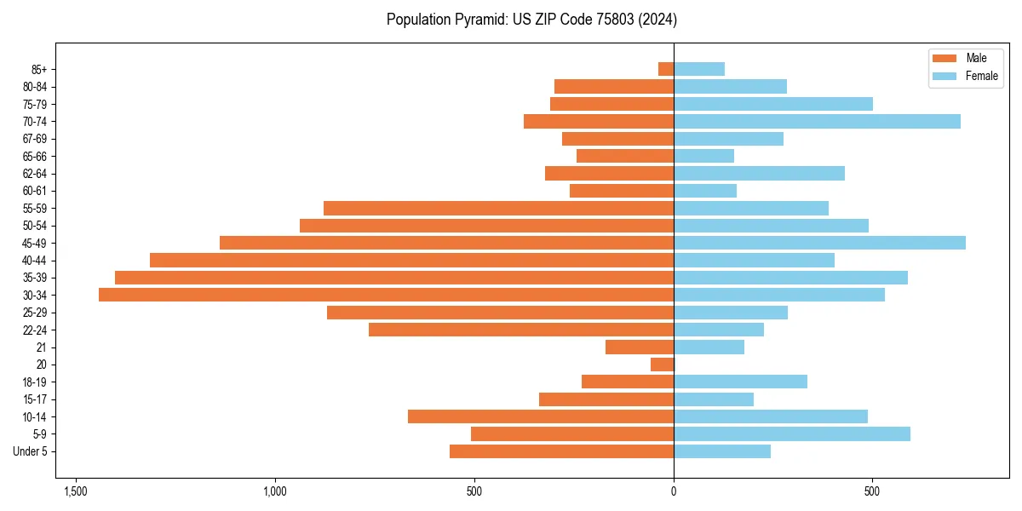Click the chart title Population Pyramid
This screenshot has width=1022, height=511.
pyautogui.click(x=531, y=19)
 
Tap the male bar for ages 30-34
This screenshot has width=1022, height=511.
pyautogui.click(x=386, y=295)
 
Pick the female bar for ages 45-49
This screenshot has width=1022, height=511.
pyautogui.click(x=819, y=243)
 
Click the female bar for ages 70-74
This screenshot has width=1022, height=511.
pyautogui.click(x=817, y=121)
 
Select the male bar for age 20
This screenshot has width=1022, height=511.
pyautogui.click(x=662, y=365)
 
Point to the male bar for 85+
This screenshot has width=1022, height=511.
pyautogui.click(x=666, y=69)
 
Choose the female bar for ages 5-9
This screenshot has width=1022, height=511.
pyautogui.click(x=791, y=433)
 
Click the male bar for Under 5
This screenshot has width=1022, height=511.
pyautogui.click(x=561, y=451)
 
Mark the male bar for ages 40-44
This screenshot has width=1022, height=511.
pyautogui.click(x=411, y=260)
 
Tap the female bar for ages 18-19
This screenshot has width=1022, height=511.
pyautogui.click(x=740, y=382)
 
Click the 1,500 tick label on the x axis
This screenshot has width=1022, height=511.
pyautogui.click(x=76, y=492)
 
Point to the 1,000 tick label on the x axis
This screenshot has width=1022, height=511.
pyautogui.click(x=275, y=492)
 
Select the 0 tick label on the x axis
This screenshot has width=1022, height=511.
pyautogui.click(x=674, y=492)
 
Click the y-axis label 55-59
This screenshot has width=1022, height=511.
pyautogui.click(x=34, y=208)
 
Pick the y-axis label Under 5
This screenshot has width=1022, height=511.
pyautogui.click(x=30, y=451)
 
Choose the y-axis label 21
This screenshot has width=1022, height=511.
pyautogui.click(x=42, y=347)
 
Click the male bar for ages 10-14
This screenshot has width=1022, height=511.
pyautogui.click(x=541, y=416)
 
